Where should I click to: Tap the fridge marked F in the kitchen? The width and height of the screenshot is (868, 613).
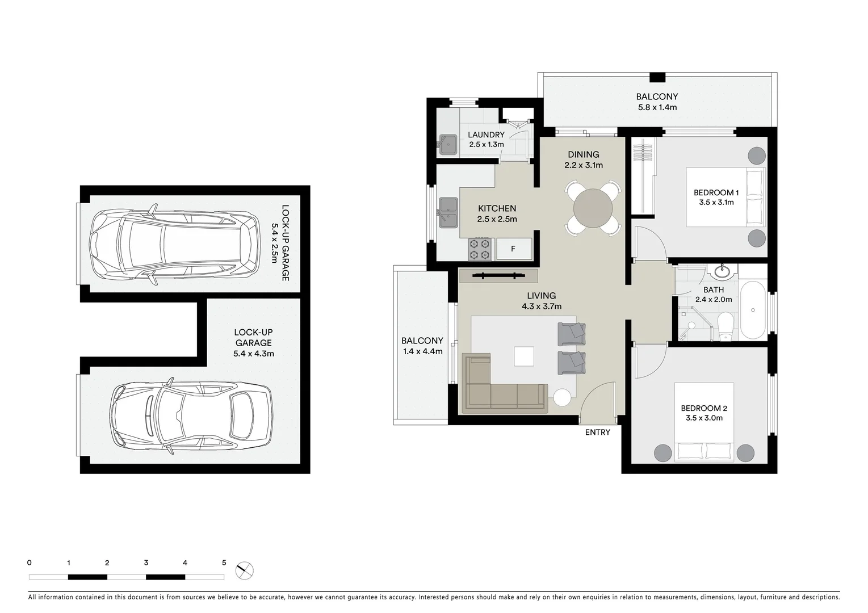click(x=514, y=249)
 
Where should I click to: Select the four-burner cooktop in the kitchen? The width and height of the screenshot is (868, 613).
click(x=479, y=249)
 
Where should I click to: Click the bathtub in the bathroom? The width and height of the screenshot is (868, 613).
click(x=753, y=310)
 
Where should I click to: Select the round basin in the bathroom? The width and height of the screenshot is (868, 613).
click(x=723, y=272)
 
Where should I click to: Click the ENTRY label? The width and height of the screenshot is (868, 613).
click(x=597, y=433)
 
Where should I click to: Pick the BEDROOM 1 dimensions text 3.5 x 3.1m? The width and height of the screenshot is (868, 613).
click(x=716, y=203)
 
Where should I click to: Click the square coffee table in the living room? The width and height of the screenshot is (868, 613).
click(x=524, y=356)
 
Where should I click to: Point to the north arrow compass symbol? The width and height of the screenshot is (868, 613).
click(x=245, y=570)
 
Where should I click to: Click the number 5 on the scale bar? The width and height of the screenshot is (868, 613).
click(x=224, y=563)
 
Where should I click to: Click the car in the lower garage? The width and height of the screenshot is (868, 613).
click(x=191, y=414)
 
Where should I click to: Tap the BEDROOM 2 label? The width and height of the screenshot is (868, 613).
click(x=704, y=408)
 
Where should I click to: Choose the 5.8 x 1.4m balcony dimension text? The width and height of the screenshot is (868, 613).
click(x=656, y=107)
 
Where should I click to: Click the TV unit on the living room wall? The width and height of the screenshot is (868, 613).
click(x=498, y=276)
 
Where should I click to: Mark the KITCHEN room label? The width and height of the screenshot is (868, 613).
click(x=497, y=208)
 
